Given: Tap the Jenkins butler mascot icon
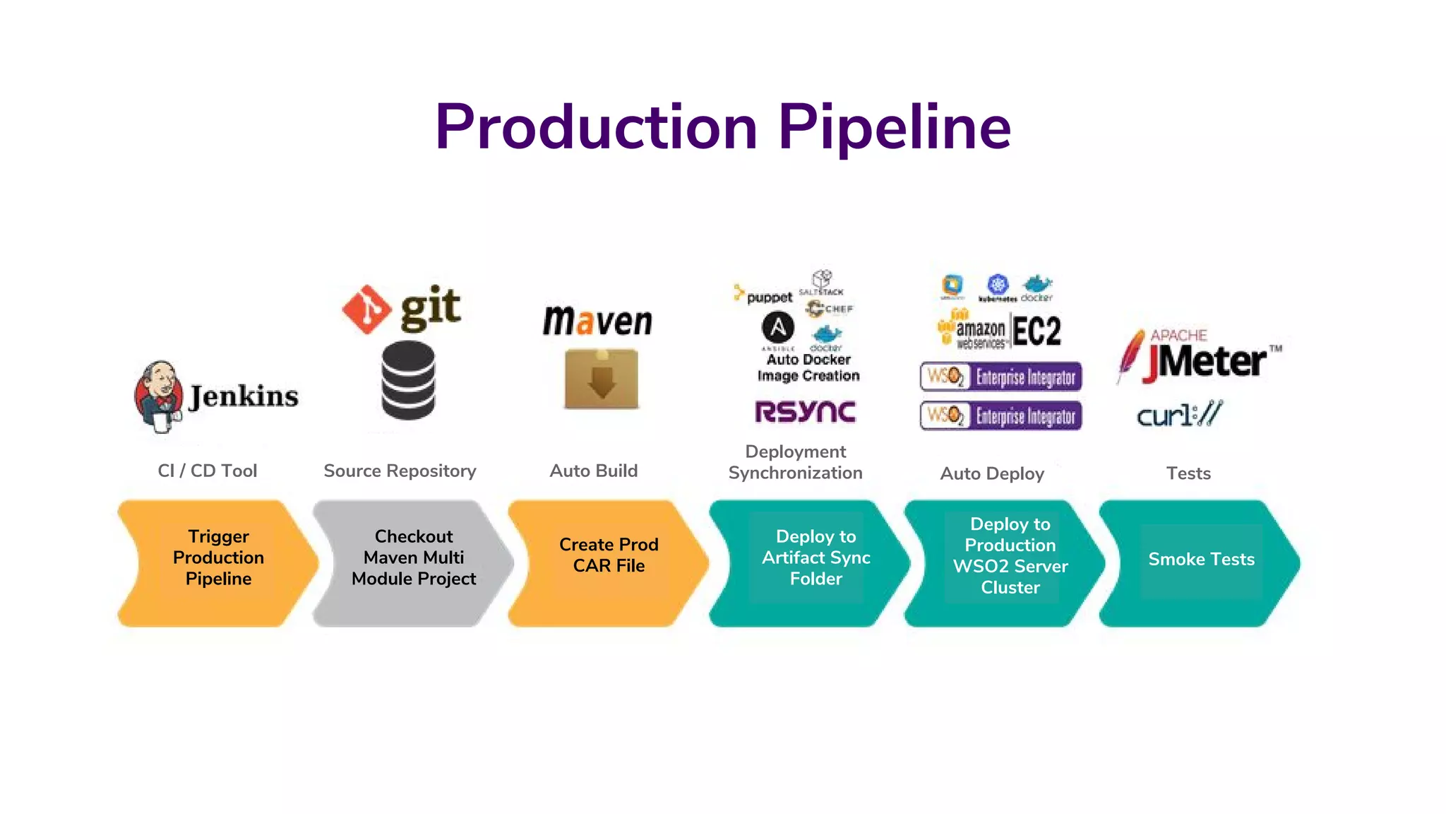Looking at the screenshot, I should (158, 396).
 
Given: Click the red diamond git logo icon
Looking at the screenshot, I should (366, 309).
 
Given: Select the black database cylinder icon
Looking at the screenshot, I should (408, 380).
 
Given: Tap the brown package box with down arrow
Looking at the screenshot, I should (602, 379).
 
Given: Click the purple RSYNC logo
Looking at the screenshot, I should (805, 411).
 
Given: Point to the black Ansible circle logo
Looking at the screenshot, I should (777, 328).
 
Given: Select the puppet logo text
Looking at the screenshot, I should (768, 297).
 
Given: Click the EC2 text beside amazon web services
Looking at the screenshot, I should (1036, 331).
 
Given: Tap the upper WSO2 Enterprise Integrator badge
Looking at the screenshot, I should (1000, 377).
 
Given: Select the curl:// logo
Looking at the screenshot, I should (1178, 414).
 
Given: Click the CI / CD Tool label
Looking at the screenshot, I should (207, 471).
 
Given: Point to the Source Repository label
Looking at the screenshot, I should (400, 471).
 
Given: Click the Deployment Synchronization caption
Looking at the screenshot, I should (795, 462).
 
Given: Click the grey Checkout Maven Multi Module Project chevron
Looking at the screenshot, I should (413, 562).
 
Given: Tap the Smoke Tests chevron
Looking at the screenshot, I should (1200, 562).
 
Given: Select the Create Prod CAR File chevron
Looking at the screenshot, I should (608, 562).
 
